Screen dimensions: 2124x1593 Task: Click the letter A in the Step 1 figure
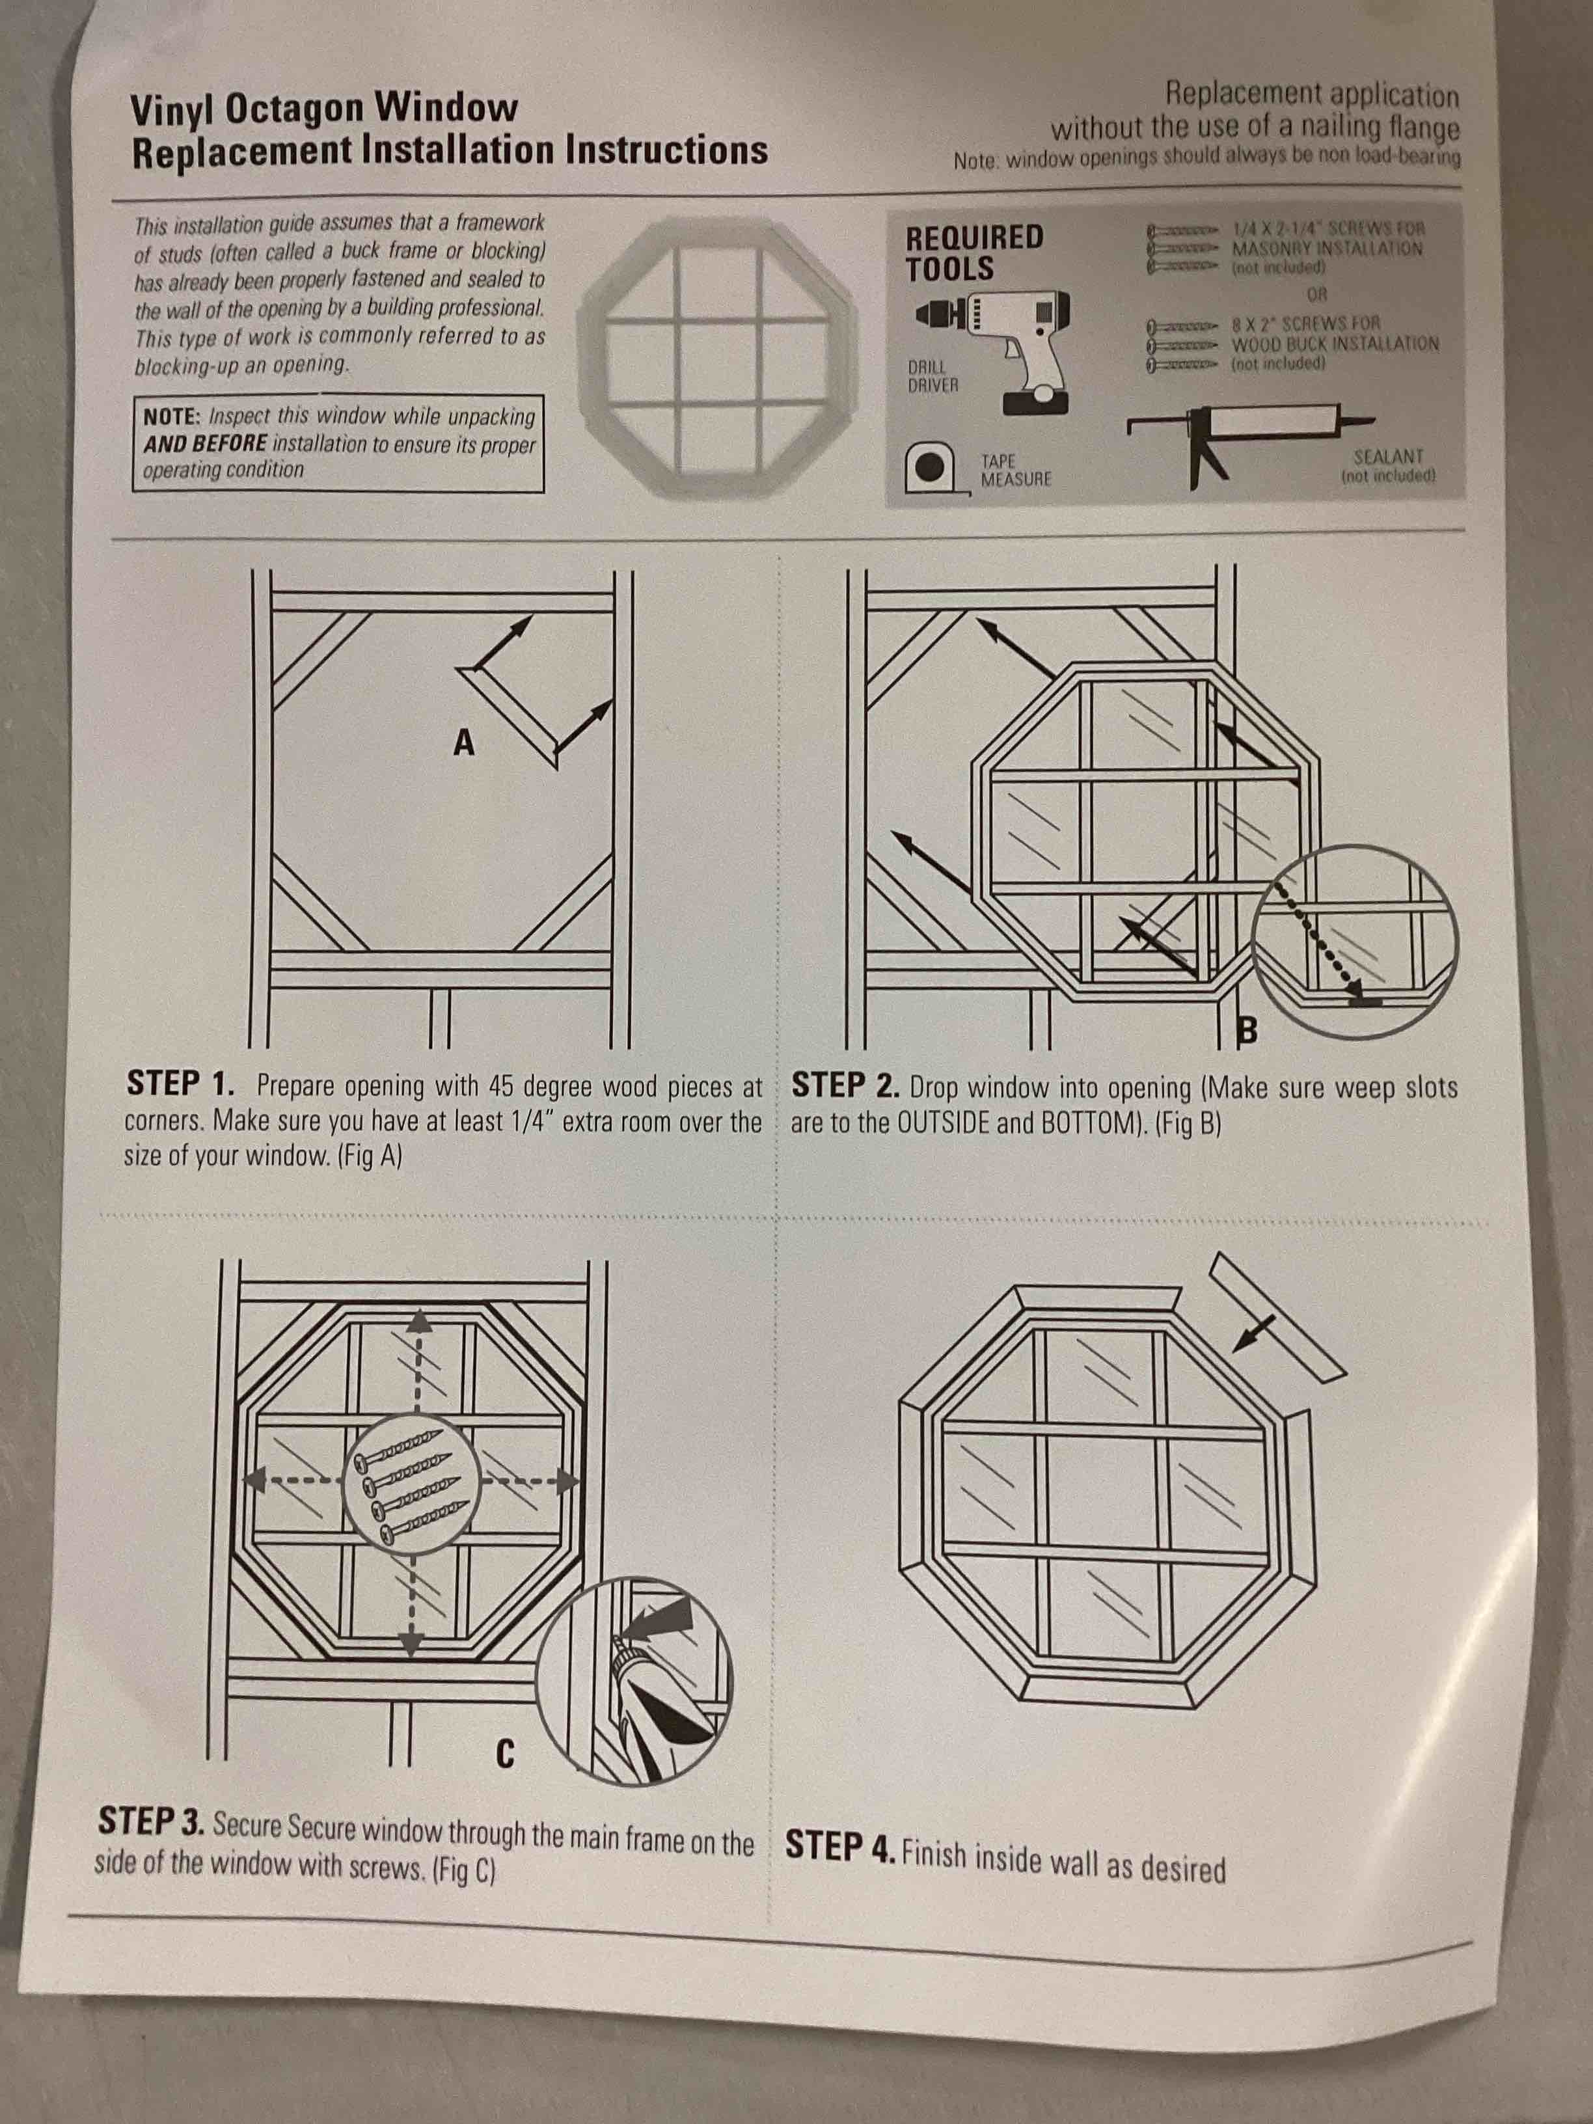click(x=464, y=742)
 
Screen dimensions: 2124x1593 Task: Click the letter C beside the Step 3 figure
click(x=505, y=1754)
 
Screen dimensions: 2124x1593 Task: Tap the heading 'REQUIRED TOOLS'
click(x=973, y=252)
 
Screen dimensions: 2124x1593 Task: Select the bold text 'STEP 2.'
click(x=845, y=1086)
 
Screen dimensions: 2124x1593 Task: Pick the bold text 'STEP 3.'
click(x=151, y=1821)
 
